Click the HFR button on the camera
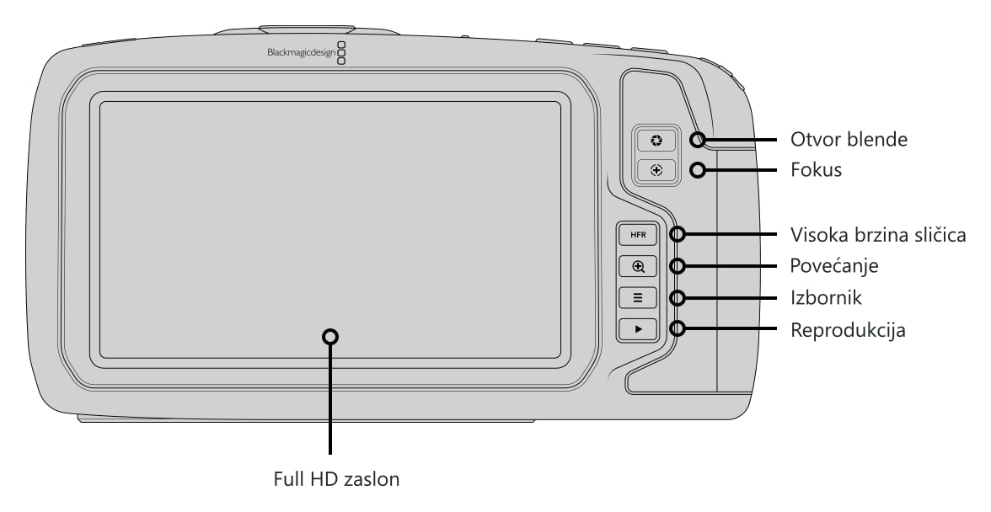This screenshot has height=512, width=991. [638, 235]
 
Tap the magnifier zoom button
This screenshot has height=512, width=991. [638, 266]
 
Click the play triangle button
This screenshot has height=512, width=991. [638, 329]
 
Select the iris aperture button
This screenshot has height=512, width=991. [656, 140]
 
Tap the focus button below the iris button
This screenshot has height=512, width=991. [656, 170]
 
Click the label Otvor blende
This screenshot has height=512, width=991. [849, 140]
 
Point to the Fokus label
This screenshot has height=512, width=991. [816, 170]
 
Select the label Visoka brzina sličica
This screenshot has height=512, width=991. [878, 235]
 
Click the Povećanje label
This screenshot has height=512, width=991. [834, 266]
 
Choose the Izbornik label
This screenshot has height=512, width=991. [826, 297]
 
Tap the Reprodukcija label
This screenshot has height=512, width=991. [848, 329]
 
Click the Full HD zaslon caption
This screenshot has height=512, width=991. [336, 478]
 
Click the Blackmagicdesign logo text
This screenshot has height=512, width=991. [302, 53]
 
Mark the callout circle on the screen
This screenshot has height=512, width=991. [330, 337]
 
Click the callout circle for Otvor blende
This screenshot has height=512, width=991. [698, 140]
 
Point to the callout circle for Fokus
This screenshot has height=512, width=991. [698, 170]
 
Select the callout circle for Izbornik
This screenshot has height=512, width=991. [678, 297]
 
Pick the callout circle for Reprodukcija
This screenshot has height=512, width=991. [678, 328]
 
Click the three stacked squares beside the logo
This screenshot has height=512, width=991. [342, 54]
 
